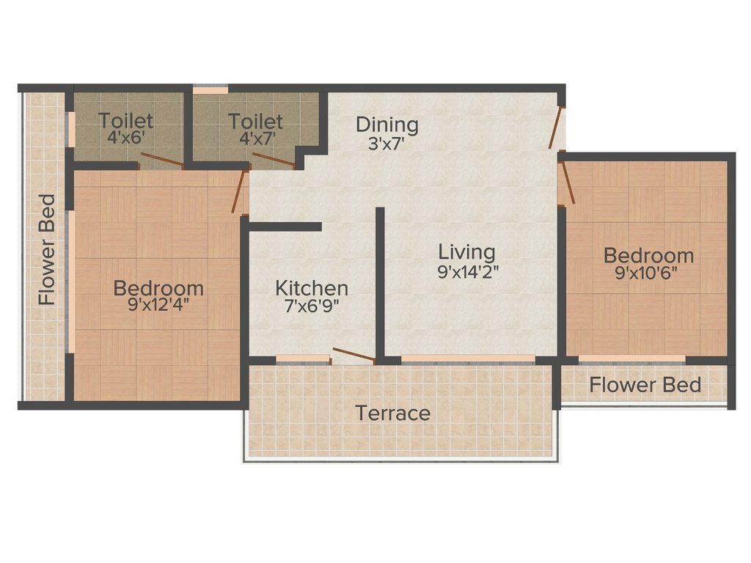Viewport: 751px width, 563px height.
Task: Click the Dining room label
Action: pos(387,125)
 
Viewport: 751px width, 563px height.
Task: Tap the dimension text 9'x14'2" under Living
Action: pos(468,272)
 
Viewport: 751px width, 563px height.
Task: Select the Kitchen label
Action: pos(312,288)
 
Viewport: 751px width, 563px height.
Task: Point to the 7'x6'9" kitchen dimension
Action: pos(312,306)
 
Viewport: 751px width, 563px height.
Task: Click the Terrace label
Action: pos(393,413)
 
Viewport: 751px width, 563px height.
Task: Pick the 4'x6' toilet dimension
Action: pos(125,138)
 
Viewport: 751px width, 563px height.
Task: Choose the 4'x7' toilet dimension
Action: pos(255,139)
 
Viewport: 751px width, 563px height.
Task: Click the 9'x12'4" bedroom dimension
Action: pos(158,304)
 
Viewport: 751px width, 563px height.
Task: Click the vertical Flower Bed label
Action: pos(47,249)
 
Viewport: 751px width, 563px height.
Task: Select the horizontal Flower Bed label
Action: pos(645,385)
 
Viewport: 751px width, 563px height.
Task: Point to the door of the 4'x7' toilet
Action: pos(273,159)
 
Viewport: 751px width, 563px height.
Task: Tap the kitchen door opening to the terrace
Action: pos(353,354)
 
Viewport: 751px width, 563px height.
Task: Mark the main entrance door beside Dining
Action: pos(556,128)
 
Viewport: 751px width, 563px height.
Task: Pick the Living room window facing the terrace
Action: pos(468,358)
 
